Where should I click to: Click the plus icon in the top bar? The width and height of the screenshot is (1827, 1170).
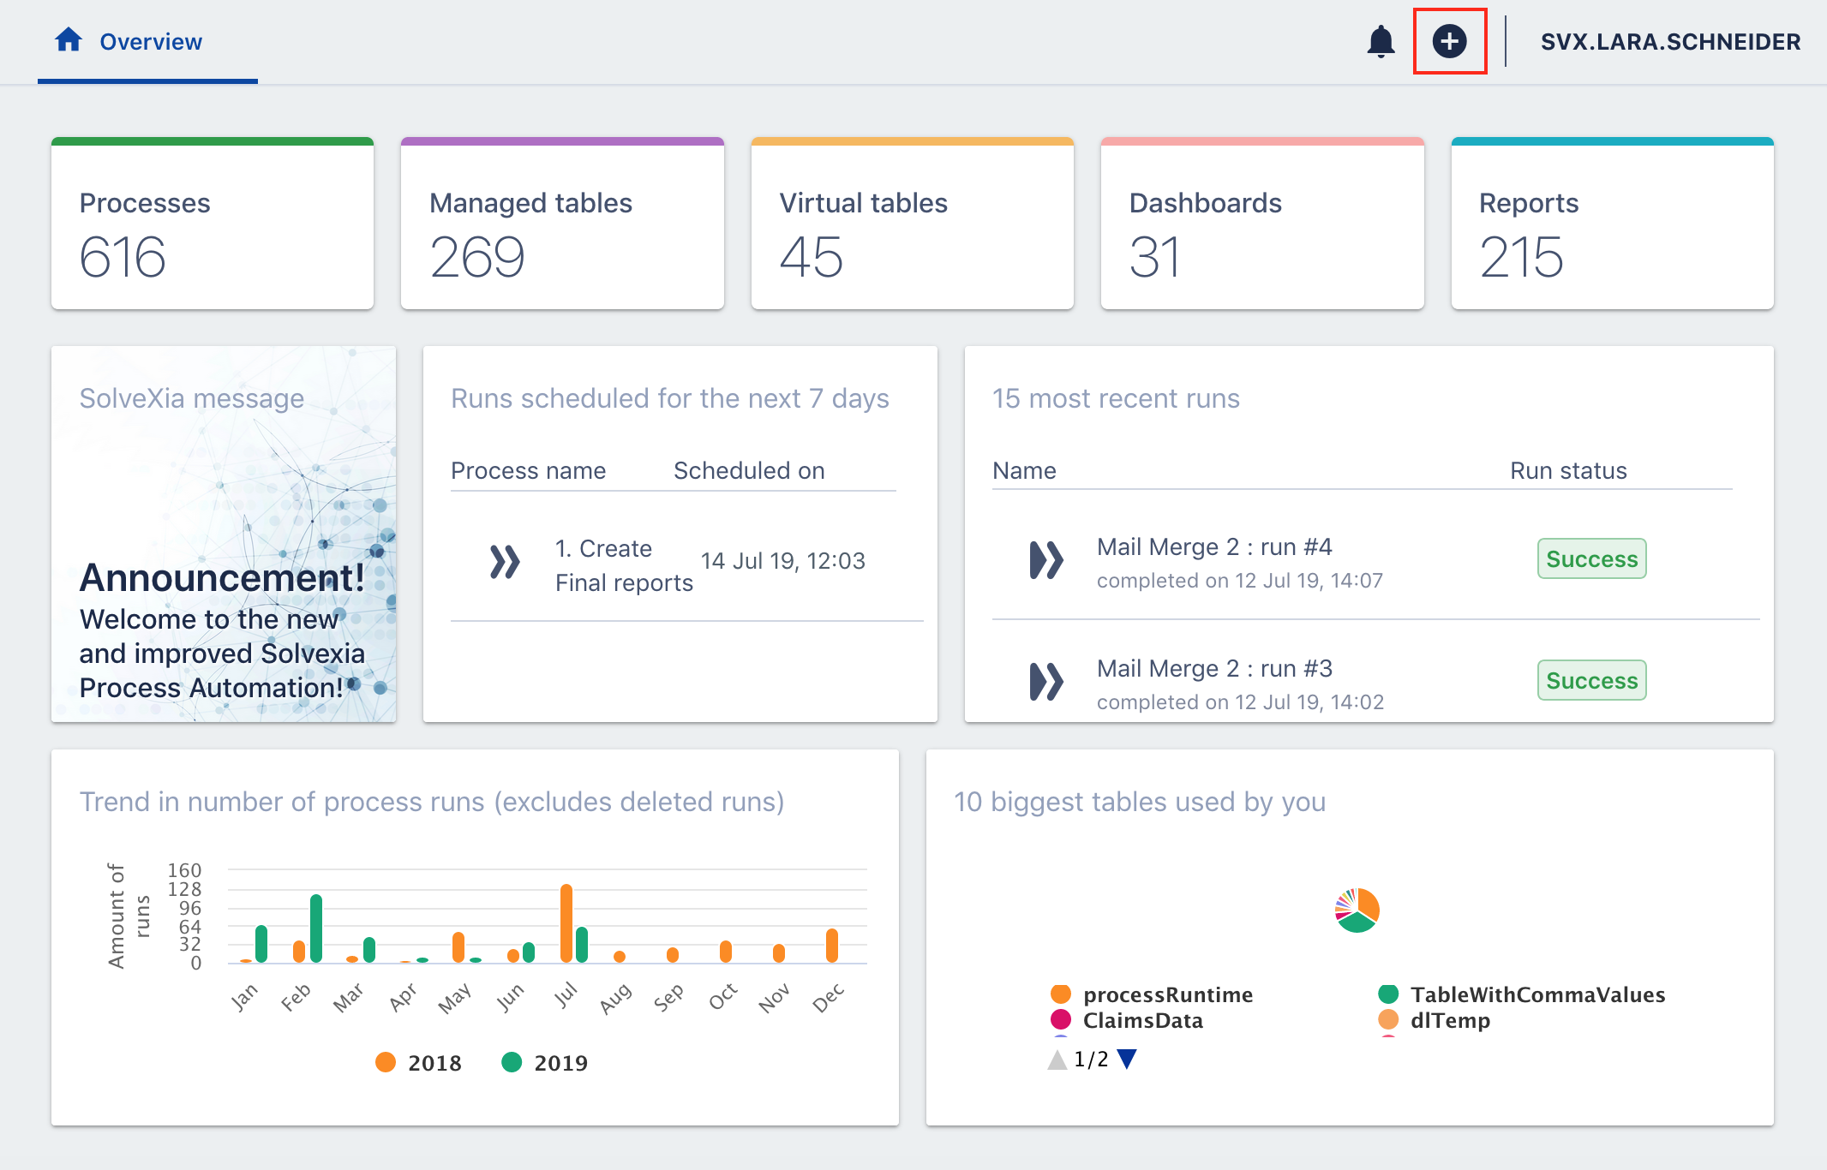point(1449,41)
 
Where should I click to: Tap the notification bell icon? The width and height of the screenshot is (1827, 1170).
point(1381,41)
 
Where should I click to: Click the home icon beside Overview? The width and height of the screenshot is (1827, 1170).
point(69,40)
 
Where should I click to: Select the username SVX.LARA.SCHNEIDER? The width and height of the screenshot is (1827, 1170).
point(1669,42)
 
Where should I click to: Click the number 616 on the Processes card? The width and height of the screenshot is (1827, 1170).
point(123,257)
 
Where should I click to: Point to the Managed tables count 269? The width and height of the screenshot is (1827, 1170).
point(476,257)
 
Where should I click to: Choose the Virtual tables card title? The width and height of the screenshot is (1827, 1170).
point(863,203)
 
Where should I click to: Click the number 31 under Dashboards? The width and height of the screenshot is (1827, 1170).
point(1154,257)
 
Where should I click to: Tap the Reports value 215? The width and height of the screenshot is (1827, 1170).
point(1521,257)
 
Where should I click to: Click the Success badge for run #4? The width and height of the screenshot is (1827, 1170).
point(1591,558)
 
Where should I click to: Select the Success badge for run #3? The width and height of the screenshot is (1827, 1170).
point(1591,680)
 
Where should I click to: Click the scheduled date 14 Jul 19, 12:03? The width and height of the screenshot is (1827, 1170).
point(782,561)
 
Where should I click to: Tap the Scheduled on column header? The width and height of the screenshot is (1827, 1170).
point(749,470)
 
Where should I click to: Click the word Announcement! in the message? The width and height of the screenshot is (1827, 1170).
point(222,578)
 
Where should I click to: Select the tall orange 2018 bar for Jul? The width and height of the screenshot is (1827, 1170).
point(566,923)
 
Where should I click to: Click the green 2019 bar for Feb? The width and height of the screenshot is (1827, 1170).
point(316,928)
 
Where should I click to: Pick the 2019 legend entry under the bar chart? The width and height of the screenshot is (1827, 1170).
point(546,1063)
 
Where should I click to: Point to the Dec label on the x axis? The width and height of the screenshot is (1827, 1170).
point(828,998)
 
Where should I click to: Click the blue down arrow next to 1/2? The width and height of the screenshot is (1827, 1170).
point(1127,1060)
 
